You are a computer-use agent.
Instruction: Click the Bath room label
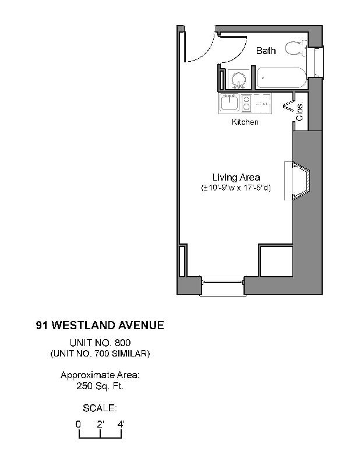[266, 51]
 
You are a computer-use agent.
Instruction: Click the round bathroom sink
[238, 79]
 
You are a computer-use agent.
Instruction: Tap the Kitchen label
[245, 122]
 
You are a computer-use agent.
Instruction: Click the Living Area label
[236, 177]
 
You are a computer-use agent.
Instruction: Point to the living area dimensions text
[236, 188]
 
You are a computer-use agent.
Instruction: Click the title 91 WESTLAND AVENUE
[100, 326]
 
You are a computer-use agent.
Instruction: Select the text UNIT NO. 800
[100, 343]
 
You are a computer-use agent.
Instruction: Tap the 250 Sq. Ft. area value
[100, 386]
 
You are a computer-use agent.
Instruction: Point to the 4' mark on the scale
[121, 425]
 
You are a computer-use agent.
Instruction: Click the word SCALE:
[100, 408]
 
